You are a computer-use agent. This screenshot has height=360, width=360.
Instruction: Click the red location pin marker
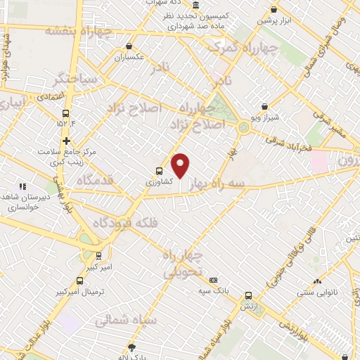(181, 165)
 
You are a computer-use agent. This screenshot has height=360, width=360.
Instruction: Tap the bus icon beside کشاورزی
(159, 170)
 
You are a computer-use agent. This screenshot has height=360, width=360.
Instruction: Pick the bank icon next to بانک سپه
(214, 280)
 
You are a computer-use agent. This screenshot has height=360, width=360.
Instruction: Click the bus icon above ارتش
(247, 295)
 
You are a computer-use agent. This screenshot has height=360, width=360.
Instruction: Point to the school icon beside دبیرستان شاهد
(22, 187)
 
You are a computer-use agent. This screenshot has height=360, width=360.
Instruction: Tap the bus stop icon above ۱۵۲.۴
(66, 112)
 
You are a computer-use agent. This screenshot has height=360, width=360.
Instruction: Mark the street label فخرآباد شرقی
(288, 143)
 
